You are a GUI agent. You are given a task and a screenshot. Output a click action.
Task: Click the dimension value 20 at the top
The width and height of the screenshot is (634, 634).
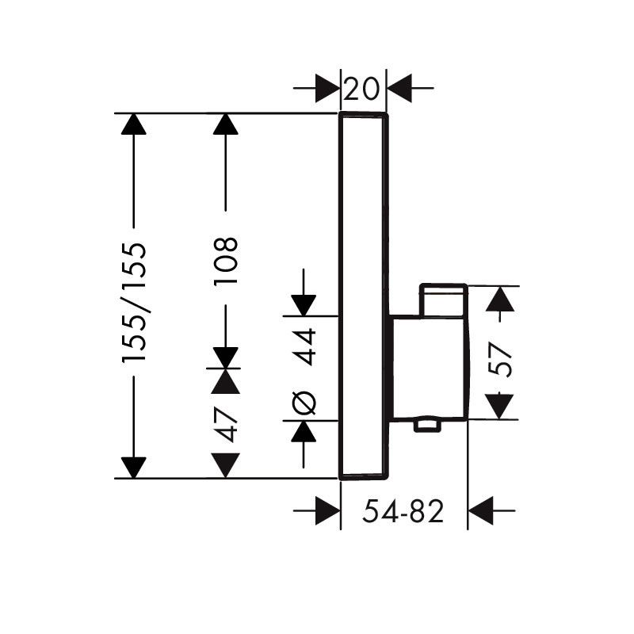click(362, 89)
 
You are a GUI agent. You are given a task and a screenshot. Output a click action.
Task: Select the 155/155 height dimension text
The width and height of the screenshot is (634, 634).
click(134, 302)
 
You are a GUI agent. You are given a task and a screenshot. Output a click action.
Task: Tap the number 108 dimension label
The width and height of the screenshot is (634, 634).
click(226, 262)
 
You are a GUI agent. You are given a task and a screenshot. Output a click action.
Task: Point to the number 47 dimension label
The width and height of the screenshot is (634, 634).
click(226, 424)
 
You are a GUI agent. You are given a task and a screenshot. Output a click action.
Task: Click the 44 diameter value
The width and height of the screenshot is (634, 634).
click(304, 347)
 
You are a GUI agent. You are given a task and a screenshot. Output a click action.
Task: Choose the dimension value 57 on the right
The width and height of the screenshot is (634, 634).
click(500, 360)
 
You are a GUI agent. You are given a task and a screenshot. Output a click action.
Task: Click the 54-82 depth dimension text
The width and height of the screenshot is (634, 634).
click(403, 511)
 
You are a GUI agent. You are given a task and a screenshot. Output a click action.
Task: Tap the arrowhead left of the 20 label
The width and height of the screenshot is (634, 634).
click(327, 88)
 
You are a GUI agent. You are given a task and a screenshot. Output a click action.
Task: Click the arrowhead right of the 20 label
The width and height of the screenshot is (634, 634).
click(399, 88)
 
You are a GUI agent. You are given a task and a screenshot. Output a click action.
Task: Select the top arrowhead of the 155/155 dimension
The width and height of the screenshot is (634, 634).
click(133, 124)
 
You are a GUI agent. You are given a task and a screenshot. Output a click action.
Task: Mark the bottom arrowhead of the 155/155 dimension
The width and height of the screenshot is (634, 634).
click(133, 468)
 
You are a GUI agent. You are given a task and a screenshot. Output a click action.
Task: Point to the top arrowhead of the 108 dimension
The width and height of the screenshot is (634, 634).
click(226, 124)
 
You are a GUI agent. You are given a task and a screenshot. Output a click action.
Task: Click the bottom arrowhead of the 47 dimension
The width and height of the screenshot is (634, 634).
click(226, 465)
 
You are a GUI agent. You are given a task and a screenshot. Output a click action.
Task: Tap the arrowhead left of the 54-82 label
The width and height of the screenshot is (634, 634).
click(327, 510)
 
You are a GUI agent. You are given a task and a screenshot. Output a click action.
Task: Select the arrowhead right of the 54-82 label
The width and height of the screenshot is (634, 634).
click(481, 510)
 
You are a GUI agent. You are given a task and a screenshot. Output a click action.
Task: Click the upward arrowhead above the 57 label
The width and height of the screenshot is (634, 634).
click(500, 300)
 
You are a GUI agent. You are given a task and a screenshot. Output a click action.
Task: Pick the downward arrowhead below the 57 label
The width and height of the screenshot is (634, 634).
click(499, 407)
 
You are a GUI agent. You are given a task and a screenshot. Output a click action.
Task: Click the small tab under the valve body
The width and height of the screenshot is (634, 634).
click(427, 426)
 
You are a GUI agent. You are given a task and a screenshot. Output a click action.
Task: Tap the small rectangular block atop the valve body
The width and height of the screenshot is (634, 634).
click(444, 300)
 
